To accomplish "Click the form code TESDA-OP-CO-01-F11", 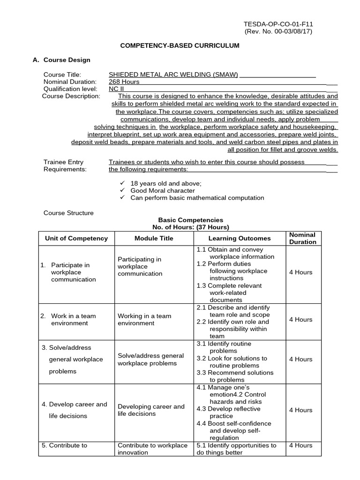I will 278,23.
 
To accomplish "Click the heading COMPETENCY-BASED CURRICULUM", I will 180,45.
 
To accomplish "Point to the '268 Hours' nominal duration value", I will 124,82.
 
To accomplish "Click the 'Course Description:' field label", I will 71,96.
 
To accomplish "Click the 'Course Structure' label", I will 68,213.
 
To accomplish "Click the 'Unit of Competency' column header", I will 76,238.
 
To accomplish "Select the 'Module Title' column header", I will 154,238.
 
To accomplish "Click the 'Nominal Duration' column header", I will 302,238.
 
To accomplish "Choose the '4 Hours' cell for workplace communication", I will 300,272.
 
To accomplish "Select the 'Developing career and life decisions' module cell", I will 151,410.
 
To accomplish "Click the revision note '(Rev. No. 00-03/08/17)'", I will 278,31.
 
